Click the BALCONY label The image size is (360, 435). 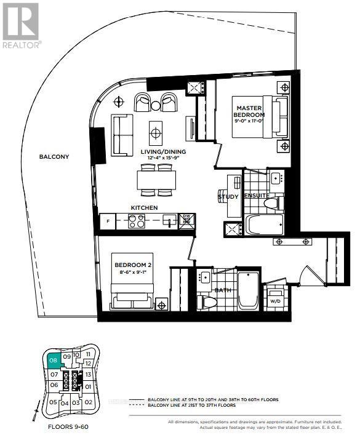54,157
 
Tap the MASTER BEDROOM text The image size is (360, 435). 250,111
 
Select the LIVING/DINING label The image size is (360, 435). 164,151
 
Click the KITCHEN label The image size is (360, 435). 144,208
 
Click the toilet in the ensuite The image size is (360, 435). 271,202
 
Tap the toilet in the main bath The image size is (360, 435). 208,302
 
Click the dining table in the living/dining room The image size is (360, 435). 156,179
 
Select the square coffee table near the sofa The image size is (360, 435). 156,130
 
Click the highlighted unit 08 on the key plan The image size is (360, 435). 54,361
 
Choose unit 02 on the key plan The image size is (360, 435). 88,402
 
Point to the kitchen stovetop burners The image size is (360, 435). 137,221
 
